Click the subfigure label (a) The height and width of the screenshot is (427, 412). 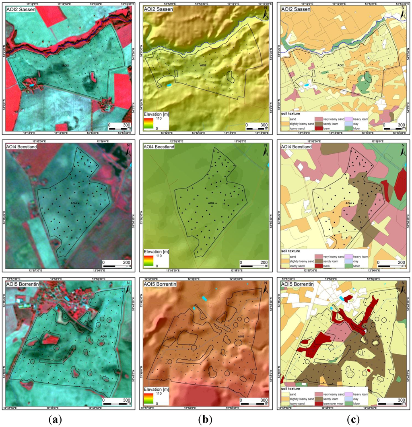coord(55,419)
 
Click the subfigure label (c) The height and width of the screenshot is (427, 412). coord(353,419)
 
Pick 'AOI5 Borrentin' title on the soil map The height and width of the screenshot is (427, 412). coord(298,284)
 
